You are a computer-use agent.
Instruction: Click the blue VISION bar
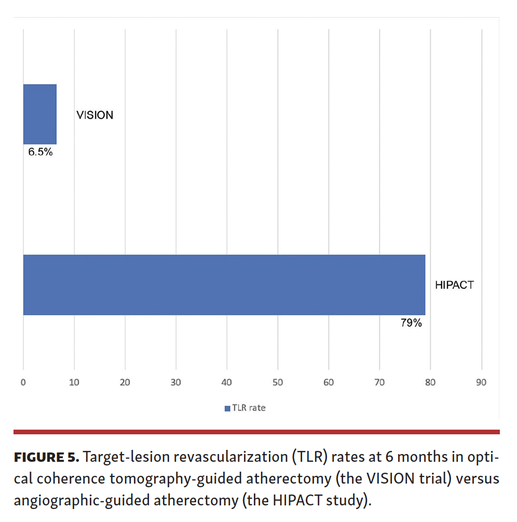click(39, 114)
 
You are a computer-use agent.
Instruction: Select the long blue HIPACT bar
click(224, 284)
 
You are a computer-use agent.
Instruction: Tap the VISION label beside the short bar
click(94, 115)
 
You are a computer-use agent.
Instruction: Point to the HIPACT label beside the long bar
click(454, 285)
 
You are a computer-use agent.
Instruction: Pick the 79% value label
click(411, 323)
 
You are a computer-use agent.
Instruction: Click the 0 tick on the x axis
click(23, 382)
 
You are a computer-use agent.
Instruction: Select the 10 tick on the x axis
click(74, 382)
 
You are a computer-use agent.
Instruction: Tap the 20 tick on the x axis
click(125, 382)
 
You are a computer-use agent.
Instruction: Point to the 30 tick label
click(176, 382)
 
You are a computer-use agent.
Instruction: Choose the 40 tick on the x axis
click(227, 382)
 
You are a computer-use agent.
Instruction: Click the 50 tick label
click(278, 382)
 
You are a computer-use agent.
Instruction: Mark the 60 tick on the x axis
click(329, 382)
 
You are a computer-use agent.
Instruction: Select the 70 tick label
click(379, 382)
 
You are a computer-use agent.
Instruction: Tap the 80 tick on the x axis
click(430, 382)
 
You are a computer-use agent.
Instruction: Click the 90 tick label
click(481, 382)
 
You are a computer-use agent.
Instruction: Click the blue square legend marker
click(227, 408)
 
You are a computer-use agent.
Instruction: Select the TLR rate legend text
click(249, 408)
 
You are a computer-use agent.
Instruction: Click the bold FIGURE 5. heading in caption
click(46, 458)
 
